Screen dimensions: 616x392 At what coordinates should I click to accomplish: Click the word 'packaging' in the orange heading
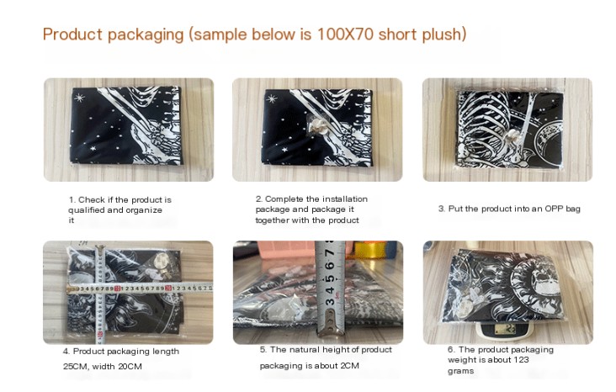point(146,34)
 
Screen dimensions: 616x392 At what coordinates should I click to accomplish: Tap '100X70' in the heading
point(345,34)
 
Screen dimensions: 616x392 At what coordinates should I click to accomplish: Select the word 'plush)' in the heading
point(444,34)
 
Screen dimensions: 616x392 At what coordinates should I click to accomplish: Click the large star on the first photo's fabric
point(79,98)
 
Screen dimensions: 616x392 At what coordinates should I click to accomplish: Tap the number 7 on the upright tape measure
point(329,251)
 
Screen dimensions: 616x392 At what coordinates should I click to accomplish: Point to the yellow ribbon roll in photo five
point(369,249)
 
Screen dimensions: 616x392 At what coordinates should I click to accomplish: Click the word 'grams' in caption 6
point(460,371)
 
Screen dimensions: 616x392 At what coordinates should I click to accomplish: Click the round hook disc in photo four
point(160,262)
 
